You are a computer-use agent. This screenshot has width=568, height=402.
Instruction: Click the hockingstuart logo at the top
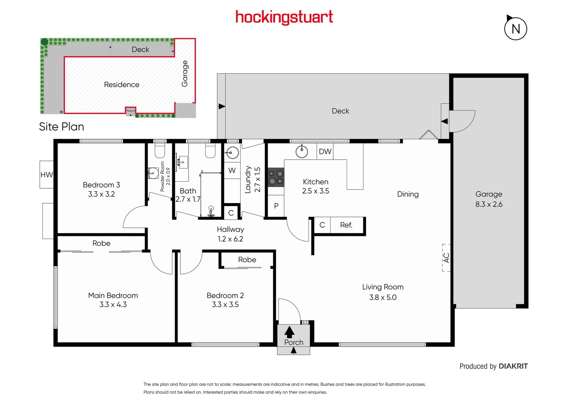[x=284, y=17]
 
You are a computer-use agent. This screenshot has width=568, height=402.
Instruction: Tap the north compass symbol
[x=516, y=29]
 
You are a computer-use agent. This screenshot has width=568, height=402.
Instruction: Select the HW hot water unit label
[x=47, y=175]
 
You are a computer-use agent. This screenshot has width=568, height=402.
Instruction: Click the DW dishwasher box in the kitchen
[x=325, y=151]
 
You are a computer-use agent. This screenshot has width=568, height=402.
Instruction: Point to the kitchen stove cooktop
[x=276, y=177]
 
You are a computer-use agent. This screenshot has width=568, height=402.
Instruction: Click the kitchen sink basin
[x=302, y=151]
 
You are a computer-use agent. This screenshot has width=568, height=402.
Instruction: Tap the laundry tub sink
[x=232, y=153]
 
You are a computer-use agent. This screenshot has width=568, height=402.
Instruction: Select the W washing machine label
[x=232, y=170]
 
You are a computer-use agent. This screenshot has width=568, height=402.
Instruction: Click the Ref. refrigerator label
[x=346, y=225]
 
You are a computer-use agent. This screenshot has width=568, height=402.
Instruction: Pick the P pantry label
[x=276, y=206]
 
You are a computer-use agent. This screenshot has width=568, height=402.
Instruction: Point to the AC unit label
[x=446, y=258]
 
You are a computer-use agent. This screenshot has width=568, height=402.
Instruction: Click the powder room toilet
[x=160, y=151]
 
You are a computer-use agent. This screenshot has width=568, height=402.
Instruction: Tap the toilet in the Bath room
[x=211, y=151]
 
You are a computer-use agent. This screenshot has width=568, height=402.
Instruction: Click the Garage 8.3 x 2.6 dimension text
[x=489, y=204]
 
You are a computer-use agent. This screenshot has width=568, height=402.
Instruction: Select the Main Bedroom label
[x=113, y=296]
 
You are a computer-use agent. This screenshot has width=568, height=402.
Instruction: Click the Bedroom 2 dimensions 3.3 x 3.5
[x=225, y=304]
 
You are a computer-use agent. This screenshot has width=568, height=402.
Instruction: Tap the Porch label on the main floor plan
[x=293, y=342]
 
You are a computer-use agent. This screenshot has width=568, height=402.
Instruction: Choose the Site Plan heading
[x=62, y=127]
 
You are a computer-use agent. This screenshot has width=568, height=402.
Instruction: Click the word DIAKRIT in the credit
[x=513, y=366]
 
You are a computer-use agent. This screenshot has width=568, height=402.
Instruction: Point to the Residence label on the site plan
[x=122, y=84]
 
